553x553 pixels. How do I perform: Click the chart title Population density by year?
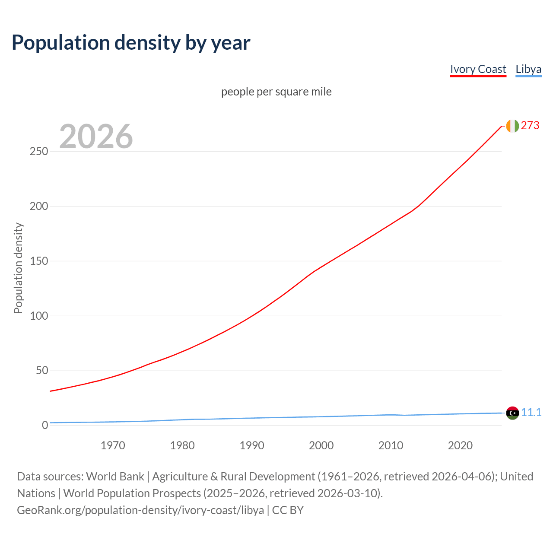tap(131, 43)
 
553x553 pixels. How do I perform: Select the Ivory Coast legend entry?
tap(478, 69)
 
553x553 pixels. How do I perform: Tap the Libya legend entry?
tap(528, 69)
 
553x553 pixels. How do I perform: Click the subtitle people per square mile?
tap(276, 92)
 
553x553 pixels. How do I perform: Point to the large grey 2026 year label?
tap(96, 137)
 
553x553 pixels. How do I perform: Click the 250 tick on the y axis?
tap(38, 152)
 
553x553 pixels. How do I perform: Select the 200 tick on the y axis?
tap(38, 207)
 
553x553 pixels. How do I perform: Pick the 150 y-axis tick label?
tap(38, 261)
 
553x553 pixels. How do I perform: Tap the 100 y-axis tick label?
tap(38, 316)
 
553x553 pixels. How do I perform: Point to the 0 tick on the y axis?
tap(45, 426)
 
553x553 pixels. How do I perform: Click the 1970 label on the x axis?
tap(113, 445)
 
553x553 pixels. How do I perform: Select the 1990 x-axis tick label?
tap(252, 445)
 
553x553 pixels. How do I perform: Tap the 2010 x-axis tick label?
tap(391, 445)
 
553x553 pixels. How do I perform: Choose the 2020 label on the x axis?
tap(460, 445)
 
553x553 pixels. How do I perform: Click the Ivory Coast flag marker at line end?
tap(512, 126)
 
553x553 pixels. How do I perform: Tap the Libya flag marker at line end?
tap(512, 413)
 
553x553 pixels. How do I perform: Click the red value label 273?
tap(530, 126)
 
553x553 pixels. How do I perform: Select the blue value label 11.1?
tap(531, 413)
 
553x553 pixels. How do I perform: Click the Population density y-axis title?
tap(18, 268)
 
